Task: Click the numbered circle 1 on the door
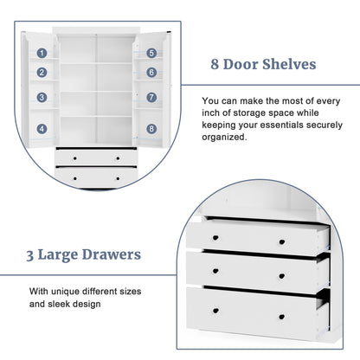pyautogui.click(x=42, y=53)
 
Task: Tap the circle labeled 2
pyautogui.click(x=42, y=74)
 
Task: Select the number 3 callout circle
pyautogui.click(x=42, y=98)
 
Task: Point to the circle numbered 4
pyautogui.click(x=42, y=129)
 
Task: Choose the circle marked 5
pyautogui.click(x=151, y=53)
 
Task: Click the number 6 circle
pyautogui.click(x=151, y=74)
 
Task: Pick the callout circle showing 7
pyautogui.click(x=151, y=98)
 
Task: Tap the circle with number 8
pyautogui.click(x=151, y=129)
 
